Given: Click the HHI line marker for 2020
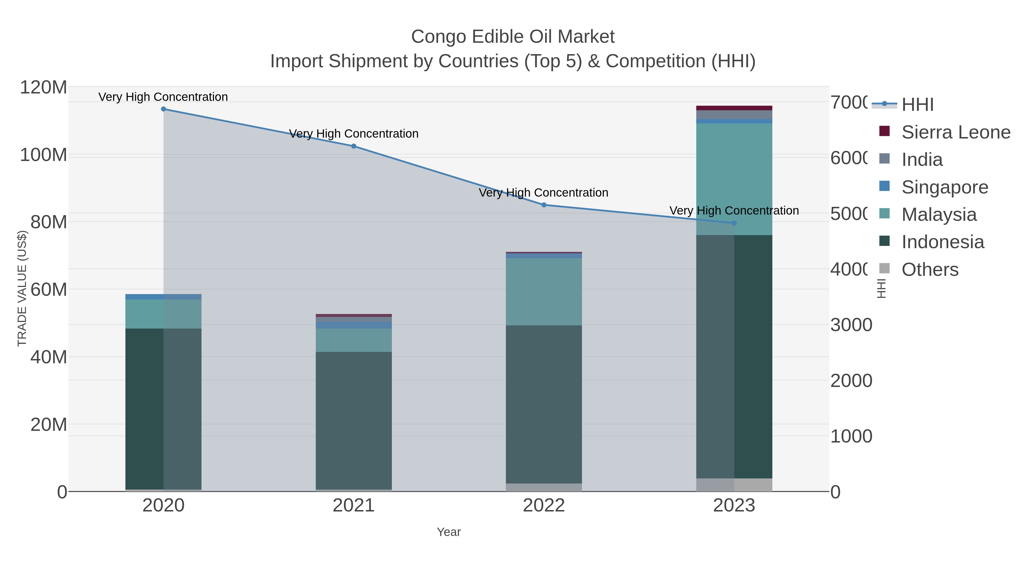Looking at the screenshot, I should [x=163, y=109].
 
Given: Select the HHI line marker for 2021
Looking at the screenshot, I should [x=354, y=146].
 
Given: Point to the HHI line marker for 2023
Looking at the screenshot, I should [x=734, y=223].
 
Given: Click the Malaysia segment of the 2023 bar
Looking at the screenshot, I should [x=734, y=179].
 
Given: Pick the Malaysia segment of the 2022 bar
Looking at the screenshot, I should [x=544, y=291].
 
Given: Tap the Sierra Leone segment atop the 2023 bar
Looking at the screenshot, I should [x=734, y=108].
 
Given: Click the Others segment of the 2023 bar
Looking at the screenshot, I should [x=734, y=485].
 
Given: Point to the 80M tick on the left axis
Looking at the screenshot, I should [x=48, y=222].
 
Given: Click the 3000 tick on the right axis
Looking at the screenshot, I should [x=851, y=325].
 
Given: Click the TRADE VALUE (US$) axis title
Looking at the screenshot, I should [x=22, y=288].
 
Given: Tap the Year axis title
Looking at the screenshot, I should [x=449, y=532].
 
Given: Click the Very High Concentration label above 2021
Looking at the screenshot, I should [x=354, y=134].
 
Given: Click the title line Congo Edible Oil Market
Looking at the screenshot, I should [x=513, y=37].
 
